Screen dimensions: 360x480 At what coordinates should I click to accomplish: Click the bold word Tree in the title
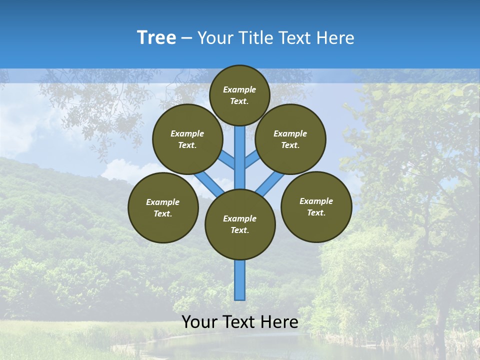point(156,37)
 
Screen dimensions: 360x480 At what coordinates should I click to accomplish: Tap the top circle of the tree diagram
point(239,95)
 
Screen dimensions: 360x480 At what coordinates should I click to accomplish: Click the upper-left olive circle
point(187,139)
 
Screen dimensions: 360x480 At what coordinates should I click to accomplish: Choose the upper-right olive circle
point(290,139)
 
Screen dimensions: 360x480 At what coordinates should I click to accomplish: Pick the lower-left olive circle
point(163,207)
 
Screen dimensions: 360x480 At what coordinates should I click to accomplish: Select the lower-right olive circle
point(316,206)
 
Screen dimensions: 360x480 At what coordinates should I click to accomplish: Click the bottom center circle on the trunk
point(240,224)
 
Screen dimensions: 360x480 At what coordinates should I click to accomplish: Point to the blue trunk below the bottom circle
point(240,280)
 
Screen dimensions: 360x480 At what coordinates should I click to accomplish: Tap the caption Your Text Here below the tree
point(240,322)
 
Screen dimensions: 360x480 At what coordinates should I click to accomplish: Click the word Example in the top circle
point(239,89)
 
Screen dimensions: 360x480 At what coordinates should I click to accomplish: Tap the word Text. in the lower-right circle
point(316,212)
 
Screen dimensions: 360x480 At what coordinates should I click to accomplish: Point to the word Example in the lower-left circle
point(163,202)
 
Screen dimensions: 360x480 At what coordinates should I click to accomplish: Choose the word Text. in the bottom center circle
point(239,230)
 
